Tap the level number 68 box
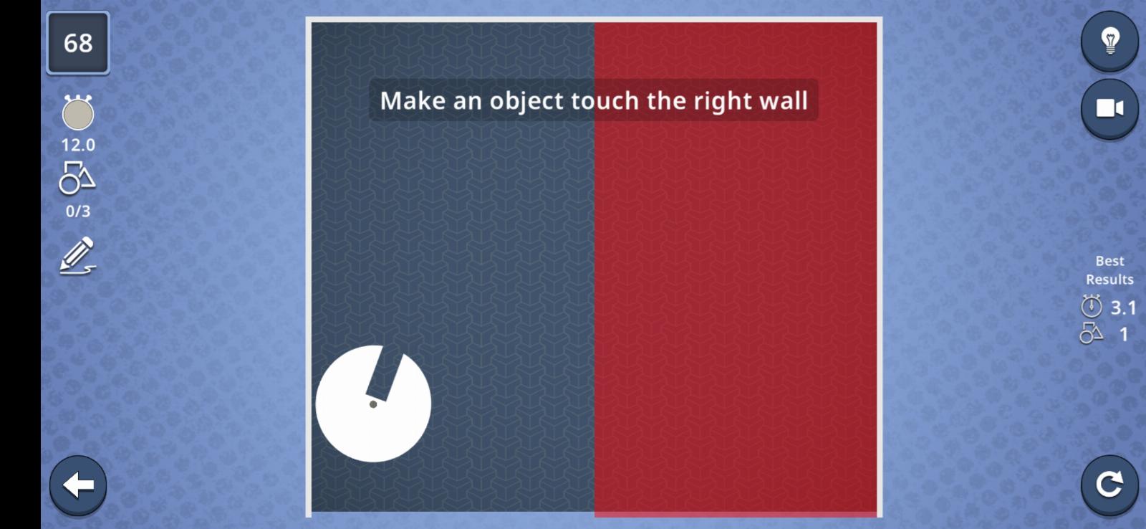coord(78,43)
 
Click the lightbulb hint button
coord(1109,40)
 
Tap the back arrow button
coord(78,485)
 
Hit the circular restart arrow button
coord(1109,485)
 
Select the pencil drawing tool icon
coord(78,255)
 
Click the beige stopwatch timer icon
coord(78,113)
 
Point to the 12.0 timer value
coord(78,145)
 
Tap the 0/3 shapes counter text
coord(78,211)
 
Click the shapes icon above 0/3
coord(77,178)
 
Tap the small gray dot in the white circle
coord(373,404)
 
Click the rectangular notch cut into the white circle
coord(385,373)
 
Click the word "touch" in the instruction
coord(605,100)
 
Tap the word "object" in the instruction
coord(526,101)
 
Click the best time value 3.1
coord(1123,308)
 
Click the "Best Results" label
coord(1109,270)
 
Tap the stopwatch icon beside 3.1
coord(1092,306)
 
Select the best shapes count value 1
coord(1124,335)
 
